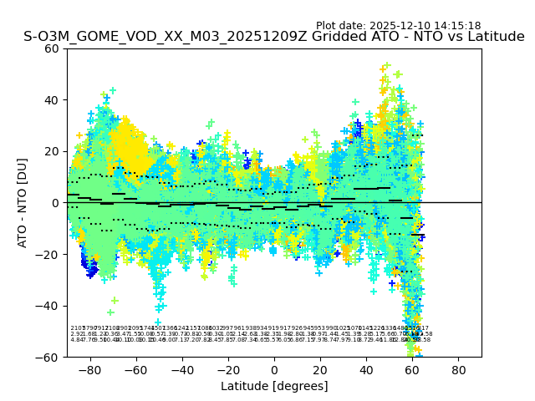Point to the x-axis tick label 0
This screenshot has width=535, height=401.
point(274,369)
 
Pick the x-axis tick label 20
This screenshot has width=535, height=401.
point(320,369)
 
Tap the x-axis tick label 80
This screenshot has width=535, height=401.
point(458,369)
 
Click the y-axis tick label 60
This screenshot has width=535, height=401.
point(51,48)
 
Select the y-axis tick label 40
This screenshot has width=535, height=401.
point(51,100)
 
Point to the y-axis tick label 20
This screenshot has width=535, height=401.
point(51,151)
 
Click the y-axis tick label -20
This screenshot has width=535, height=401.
point(48,254)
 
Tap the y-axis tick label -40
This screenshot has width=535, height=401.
point(48,306)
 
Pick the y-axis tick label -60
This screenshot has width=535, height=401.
point(48,357)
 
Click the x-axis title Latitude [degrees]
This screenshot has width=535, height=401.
point(274,386)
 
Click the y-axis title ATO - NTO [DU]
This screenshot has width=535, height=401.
point(23,202)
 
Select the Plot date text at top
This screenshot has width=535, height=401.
point(398,26)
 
